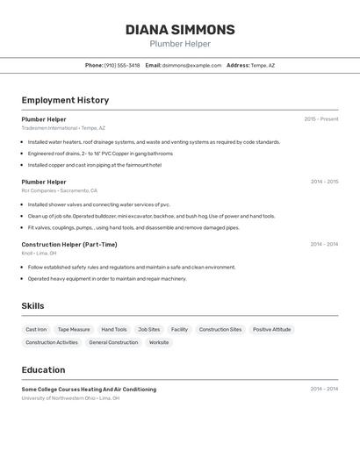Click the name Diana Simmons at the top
[180, 30]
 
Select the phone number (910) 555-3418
[122, 65]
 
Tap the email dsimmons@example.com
[192, 65]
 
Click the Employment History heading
[65, 100]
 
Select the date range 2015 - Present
[321, 119]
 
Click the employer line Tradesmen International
[63, 128]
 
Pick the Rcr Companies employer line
[60, 190]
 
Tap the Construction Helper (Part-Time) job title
[69, 245]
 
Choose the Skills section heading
[33, 306]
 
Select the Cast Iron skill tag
[36, 330]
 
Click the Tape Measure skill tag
[74, 330]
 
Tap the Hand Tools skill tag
[114, 330]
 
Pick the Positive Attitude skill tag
[271, 330]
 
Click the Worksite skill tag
[159, 342]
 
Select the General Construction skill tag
[113, 342]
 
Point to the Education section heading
[44, 370]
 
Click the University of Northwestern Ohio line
[70, 397]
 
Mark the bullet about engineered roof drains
[100, 154]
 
